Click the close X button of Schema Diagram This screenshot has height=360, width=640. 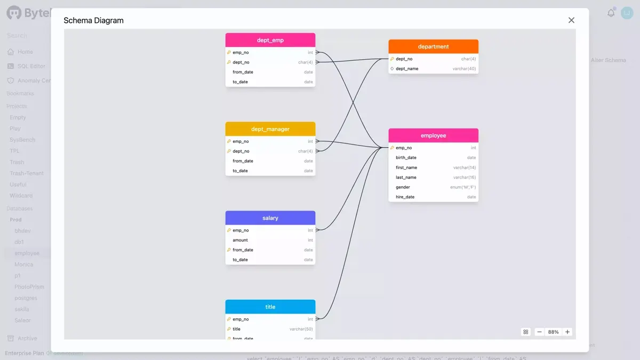[571, 20]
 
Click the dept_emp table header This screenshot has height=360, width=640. [270, 40]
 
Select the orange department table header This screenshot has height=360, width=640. [433, 46]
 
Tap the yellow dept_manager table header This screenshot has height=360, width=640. [270, 129]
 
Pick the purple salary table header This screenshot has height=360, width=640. [270, 218]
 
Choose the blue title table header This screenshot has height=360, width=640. [270, 307]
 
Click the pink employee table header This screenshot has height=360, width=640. [433, 135]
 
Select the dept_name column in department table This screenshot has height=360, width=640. [407, 69]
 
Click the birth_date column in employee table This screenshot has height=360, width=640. [406, 158]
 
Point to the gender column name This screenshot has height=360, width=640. [403, 187]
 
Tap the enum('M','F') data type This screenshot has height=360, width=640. [463, 187]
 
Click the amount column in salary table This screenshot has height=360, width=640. [240, 240]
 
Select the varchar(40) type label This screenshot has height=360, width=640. [464, 69]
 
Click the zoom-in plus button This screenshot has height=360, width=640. [567, 332]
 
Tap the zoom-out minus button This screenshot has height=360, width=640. [539, 332]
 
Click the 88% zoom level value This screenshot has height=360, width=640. [553, 332]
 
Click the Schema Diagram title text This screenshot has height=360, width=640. [93, 20]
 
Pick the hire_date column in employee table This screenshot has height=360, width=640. [405, 197]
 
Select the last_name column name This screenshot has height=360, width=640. [406, 178]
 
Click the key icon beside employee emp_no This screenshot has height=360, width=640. [392, 148]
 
